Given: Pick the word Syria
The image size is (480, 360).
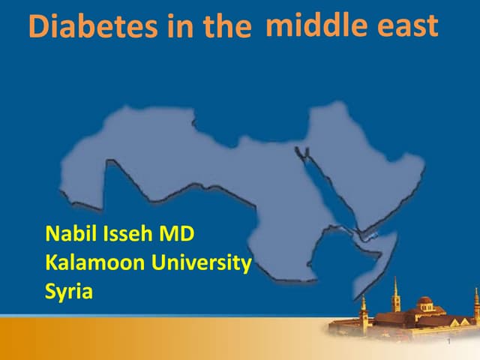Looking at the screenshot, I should tap(69, 291).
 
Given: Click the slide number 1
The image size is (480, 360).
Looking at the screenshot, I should tap(448, 343).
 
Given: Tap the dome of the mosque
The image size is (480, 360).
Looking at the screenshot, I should tap(424, 301).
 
